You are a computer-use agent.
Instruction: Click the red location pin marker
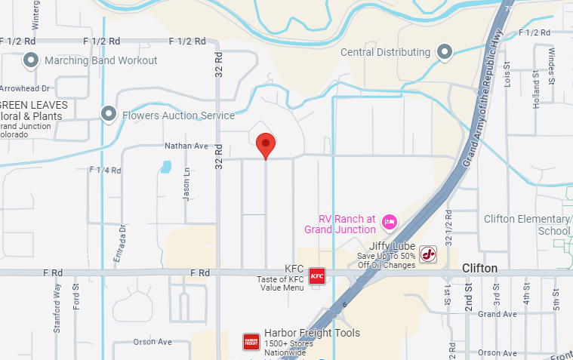tap(266, 143)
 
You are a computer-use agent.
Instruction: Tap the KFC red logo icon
tap(316, 275)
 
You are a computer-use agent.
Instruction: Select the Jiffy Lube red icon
tap(428, 254)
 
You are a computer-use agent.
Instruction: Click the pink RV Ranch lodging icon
tap(390, 221)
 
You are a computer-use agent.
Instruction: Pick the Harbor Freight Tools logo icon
tap(251, 342)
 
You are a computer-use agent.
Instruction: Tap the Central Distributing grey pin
tap(445, 52)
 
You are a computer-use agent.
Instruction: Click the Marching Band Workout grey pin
tap(31, 60)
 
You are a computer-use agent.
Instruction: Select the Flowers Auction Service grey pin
tap(109, 115)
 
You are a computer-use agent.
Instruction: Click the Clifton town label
tap(479, 269)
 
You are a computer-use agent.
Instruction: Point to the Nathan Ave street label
tap(186, 146)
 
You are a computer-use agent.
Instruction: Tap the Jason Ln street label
tap(186, 184)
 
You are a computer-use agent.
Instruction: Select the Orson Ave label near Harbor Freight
tap(152, 342)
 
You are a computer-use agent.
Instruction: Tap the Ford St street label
tap(76, 297)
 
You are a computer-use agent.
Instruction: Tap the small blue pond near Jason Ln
tap(165, 166)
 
